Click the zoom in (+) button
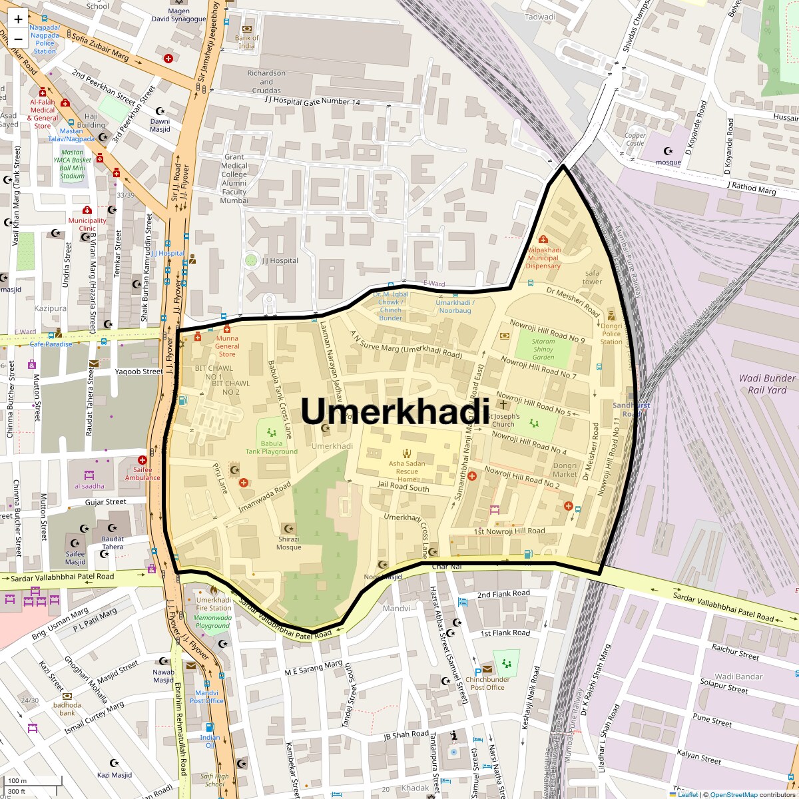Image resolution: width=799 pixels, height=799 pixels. tap(18, 19)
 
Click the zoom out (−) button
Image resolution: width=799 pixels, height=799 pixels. tap(18, 39)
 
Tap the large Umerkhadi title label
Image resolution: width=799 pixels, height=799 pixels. tap(396, 411)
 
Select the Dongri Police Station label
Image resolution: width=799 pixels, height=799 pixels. tap(611, 333)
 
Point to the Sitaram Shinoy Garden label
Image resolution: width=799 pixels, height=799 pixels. tap(543, 349)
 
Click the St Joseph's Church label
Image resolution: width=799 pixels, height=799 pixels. tap(503, 420)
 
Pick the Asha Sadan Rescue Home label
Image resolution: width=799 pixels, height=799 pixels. tap(406, 471)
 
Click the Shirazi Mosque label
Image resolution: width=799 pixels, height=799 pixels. tap(289, 543)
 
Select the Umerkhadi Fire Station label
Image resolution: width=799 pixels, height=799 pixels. tap(214, 603)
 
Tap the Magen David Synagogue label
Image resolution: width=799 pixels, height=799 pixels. tap(179, 15)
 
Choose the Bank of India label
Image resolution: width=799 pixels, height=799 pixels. tap(246, 42)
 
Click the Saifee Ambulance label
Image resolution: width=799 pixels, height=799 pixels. tap(142, 473)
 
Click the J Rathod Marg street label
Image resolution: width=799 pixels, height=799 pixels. tap(751, 188)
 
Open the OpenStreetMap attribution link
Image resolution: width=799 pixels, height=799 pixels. tap(733, 794)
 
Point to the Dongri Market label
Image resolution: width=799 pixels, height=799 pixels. tap(565, 470)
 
